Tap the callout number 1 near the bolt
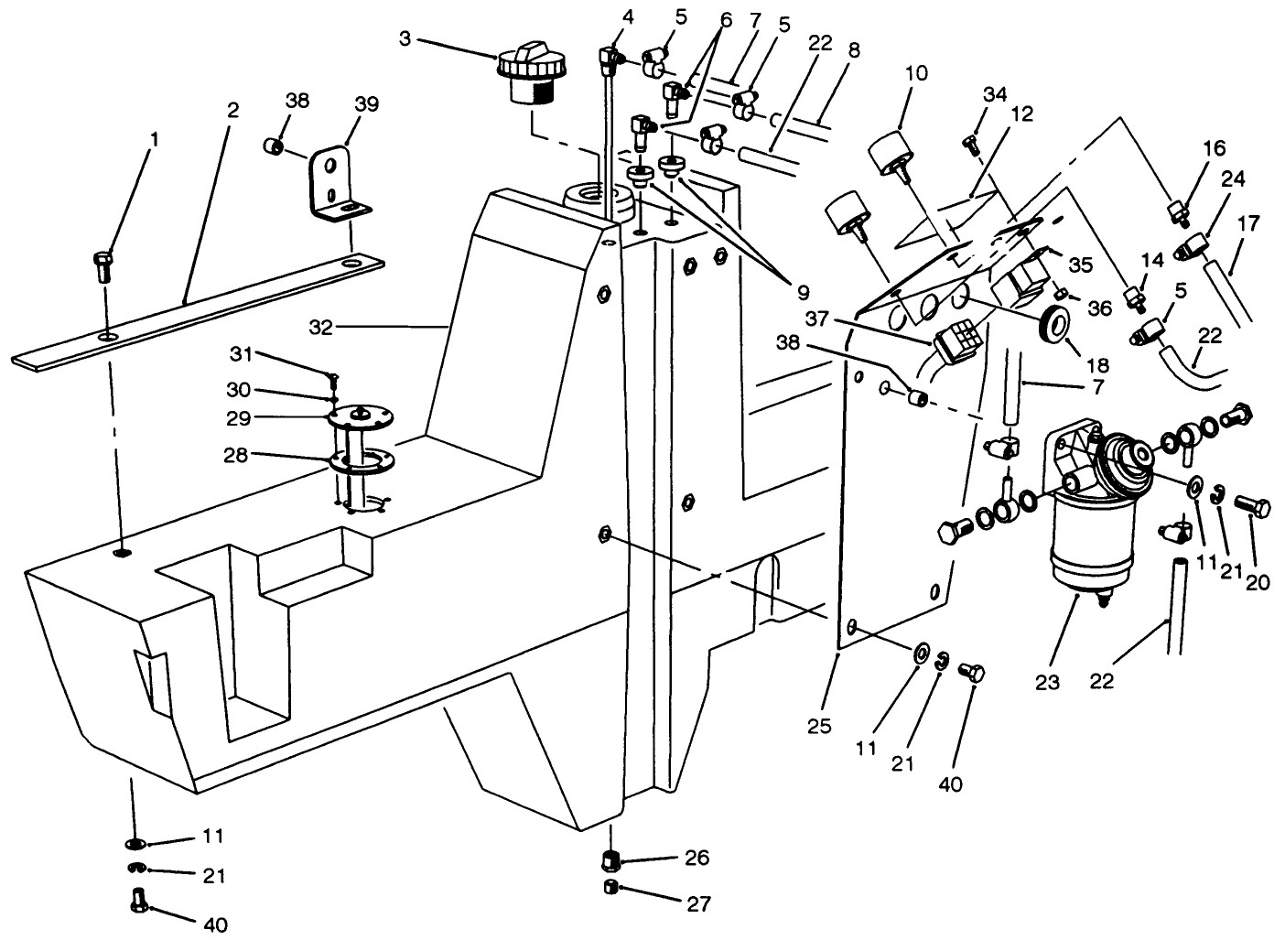(154, 139)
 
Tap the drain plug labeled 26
(612, 860)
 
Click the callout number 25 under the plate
(819, 726)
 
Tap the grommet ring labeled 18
(1055, 323)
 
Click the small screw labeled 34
(971, 142)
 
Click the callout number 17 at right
(1248, 222)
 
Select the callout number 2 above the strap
(232, 110)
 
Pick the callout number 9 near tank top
(802, 294)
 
